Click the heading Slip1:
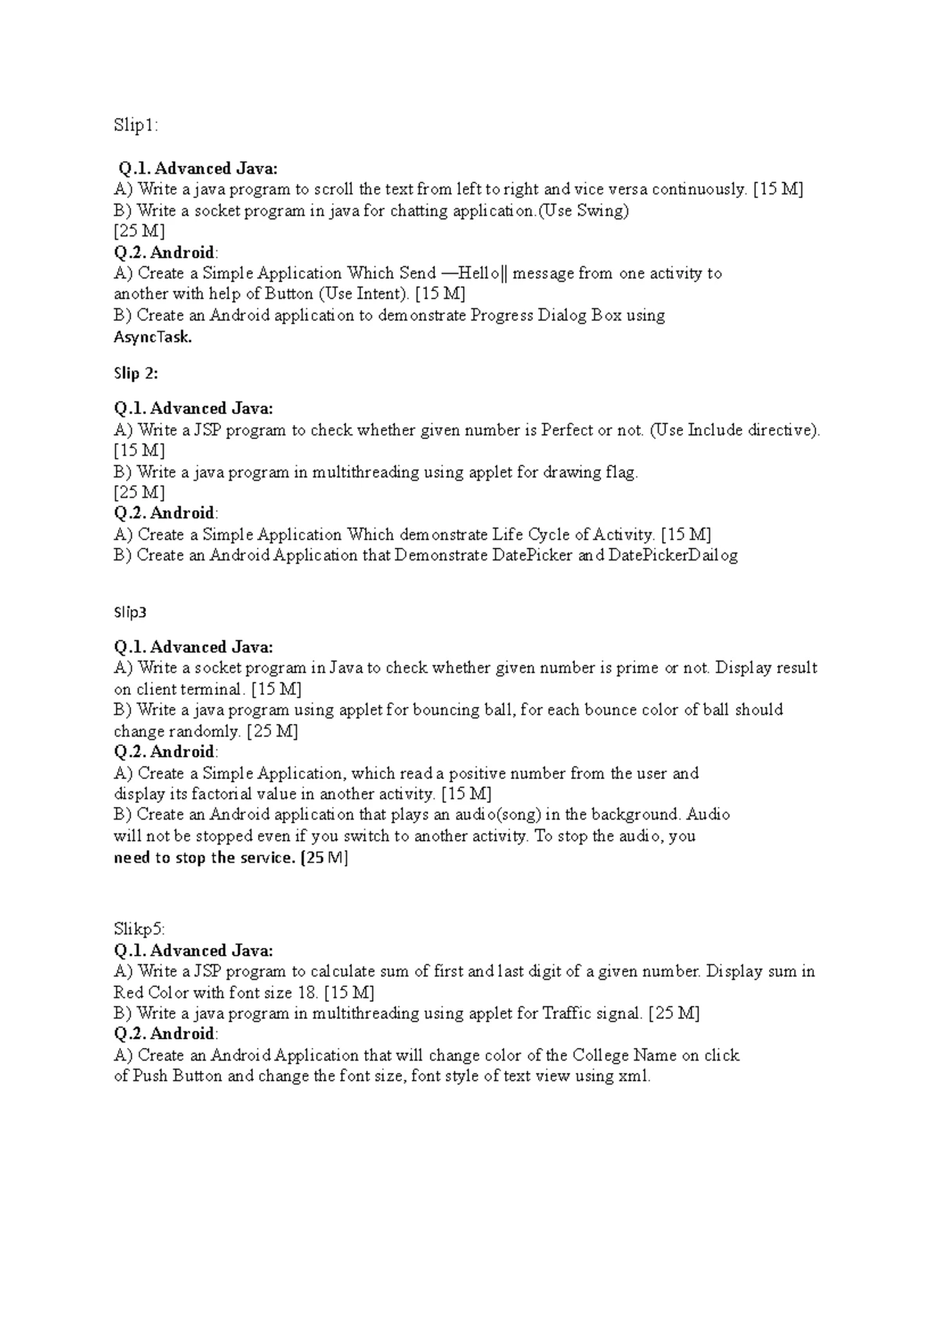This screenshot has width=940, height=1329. point(136,126)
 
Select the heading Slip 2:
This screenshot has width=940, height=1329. point(136,373)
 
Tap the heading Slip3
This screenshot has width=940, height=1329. point(130,612)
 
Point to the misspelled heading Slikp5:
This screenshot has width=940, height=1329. point(139,929)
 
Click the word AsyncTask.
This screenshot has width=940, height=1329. point(153,337)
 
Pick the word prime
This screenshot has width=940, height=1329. point(637,668)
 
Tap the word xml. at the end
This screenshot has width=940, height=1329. point(634,1076)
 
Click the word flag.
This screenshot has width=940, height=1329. point(621,472)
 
